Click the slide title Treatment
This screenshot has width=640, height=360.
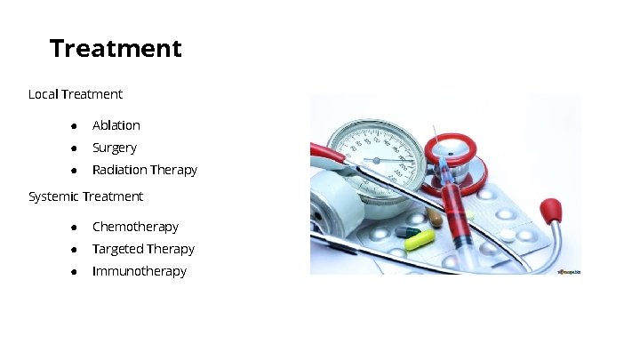tap(116, 48)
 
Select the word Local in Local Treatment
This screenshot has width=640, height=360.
tap(44, 93)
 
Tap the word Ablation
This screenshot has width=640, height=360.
tap(116, 125)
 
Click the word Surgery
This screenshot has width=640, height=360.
tap(115, 148)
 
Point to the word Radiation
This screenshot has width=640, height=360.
tap(119, 170)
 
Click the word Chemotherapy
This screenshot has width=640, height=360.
tap(135, 227)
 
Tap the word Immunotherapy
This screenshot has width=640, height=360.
tap(140, 271)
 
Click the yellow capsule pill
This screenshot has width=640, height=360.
tap(420, 240)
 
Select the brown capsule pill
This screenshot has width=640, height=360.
tap(435, 216)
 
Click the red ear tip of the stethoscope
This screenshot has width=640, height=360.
tap(550, 211)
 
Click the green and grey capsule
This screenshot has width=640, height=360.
tap(408, 232)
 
